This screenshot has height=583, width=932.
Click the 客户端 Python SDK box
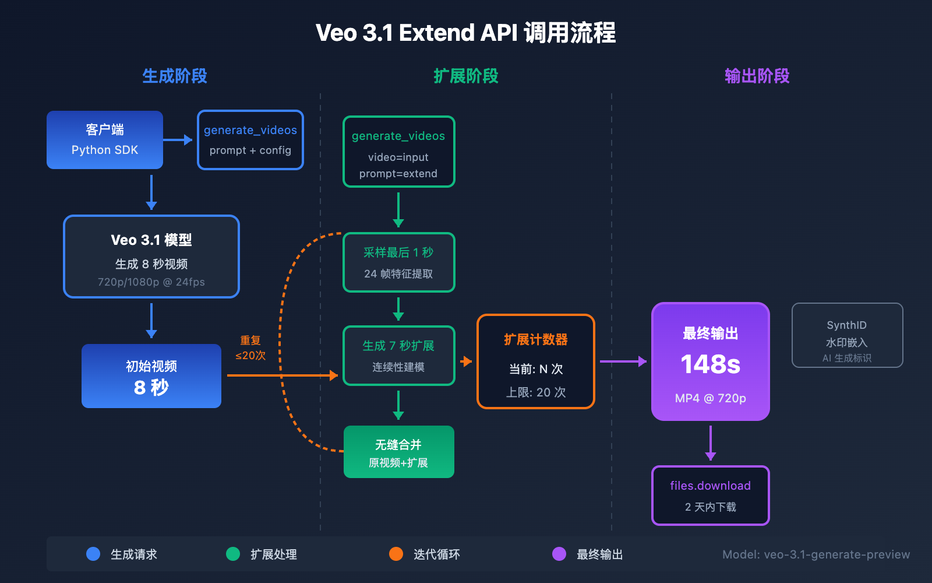105,140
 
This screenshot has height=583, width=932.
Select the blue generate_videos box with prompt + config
250,140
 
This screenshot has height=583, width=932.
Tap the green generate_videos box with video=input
398,152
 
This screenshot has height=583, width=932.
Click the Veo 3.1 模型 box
151,257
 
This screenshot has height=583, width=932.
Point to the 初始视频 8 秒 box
151,376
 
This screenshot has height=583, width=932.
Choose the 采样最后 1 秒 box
398,262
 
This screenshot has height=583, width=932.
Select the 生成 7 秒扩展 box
398,356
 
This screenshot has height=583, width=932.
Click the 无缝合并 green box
398,452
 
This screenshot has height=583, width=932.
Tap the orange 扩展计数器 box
536,361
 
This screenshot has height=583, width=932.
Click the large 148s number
710,364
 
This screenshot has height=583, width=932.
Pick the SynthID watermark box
847,335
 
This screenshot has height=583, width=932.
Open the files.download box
710,496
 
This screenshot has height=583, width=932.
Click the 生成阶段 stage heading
175,76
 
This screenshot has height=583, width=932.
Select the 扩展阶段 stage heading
466,76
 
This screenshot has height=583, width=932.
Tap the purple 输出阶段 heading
757,76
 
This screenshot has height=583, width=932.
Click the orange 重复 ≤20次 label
250,348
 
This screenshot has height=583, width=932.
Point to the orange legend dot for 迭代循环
396,554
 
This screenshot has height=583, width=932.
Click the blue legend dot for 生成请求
93,554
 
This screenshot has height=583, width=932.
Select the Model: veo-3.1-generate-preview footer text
815,554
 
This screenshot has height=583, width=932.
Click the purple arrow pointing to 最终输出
623,361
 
